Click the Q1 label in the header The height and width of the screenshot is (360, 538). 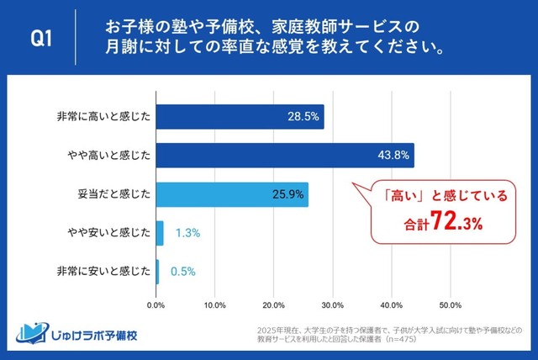(x=43, y=37)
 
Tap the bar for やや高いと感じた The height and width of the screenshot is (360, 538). (x=284, y=156)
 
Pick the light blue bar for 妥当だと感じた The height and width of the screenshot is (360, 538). (x=232, y=194)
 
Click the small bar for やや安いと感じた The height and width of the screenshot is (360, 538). (x=160, y=233)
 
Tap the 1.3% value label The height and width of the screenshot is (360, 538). (x=187, y=233)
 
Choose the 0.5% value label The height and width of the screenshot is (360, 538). (x=183, y=271)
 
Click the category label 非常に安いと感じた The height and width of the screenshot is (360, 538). (x=104, y=271)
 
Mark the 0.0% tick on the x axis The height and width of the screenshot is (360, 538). (x=156, y=304)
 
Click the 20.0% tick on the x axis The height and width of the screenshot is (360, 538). (x=274, y=304)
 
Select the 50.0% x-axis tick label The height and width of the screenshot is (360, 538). (x=451, y=304)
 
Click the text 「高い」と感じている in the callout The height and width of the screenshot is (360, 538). (x=440, y=197)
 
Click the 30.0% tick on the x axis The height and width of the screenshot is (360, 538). (x=333, y=304)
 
